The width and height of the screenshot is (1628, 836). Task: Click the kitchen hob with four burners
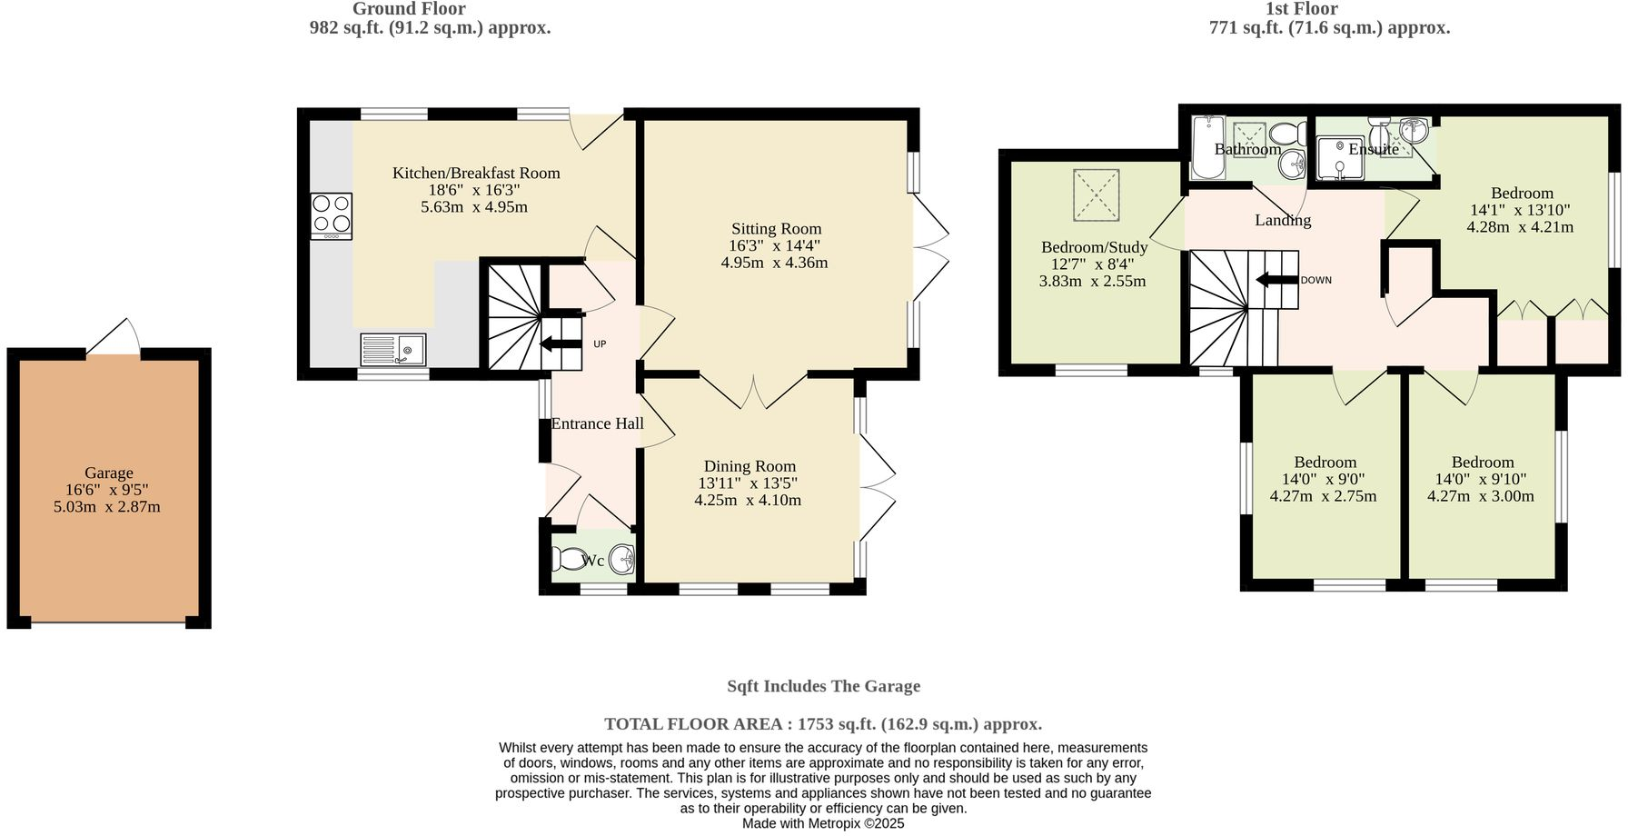[x=332, y=216]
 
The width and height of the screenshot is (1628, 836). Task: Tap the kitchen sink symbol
[x=393, y=349]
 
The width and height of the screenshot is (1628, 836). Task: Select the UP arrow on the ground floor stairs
[x=561, y=343]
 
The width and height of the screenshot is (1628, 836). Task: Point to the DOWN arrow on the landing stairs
[x=1276, y=280]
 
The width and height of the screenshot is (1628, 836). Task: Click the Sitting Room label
[x=776, y=229]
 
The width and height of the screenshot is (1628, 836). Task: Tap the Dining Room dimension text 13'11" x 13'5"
[x=748, y=483]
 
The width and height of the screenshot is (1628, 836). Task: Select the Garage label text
[x=109, y=473]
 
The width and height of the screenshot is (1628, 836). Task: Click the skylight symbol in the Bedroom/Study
[x=1097, y=194]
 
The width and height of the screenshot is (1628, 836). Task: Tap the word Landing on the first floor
[x=1283, y=220]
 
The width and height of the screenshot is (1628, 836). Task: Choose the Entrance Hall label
[x=597, y=423]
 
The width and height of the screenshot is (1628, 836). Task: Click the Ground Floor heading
[x=409, y=9]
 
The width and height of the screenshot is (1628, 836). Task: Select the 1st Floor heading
[x=1301, y=9]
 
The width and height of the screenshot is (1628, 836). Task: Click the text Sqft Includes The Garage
[x=823, y=686]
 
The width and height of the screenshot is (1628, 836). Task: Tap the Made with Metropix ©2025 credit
[x=823, y=823]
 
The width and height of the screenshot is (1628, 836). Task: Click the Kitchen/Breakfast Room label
[x=476, y=173]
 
